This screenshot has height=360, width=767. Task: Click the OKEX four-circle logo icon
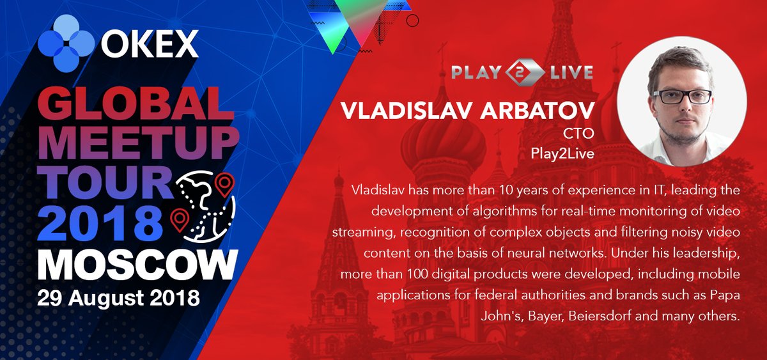point(66,43)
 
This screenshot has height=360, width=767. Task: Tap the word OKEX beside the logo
point(150,44)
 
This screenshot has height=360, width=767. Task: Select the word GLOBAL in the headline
point(136,103)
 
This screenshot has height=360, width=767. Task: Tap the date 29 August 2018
point(118,298)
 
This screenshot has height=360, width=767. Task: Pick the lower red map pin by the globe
point(180,220)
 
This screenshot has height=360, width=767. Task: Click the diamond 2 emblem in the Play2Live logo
point(525,72)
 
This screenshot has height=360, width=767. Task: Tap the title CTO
point(578,134)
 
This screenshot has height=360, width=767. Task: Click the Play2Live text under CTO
point(562,153)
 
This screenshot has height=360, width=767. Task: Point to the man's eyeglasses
point(683,97)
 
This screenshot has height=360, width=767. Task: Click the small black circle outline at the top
point(412,20)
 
